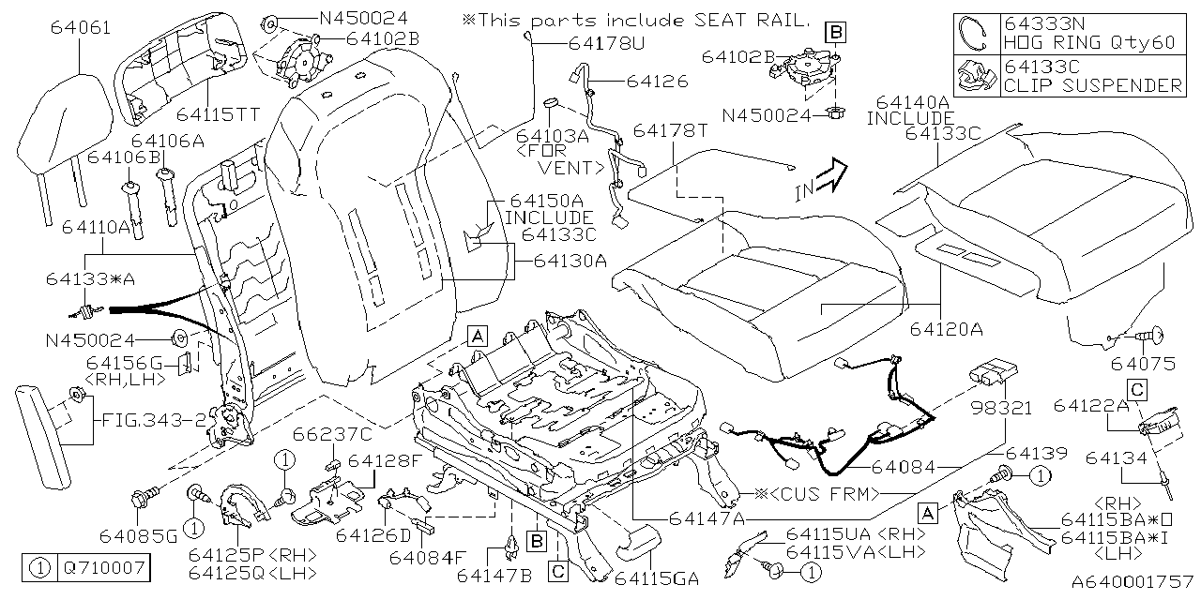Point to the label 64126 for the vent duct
657,82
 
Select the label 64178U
606,43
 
